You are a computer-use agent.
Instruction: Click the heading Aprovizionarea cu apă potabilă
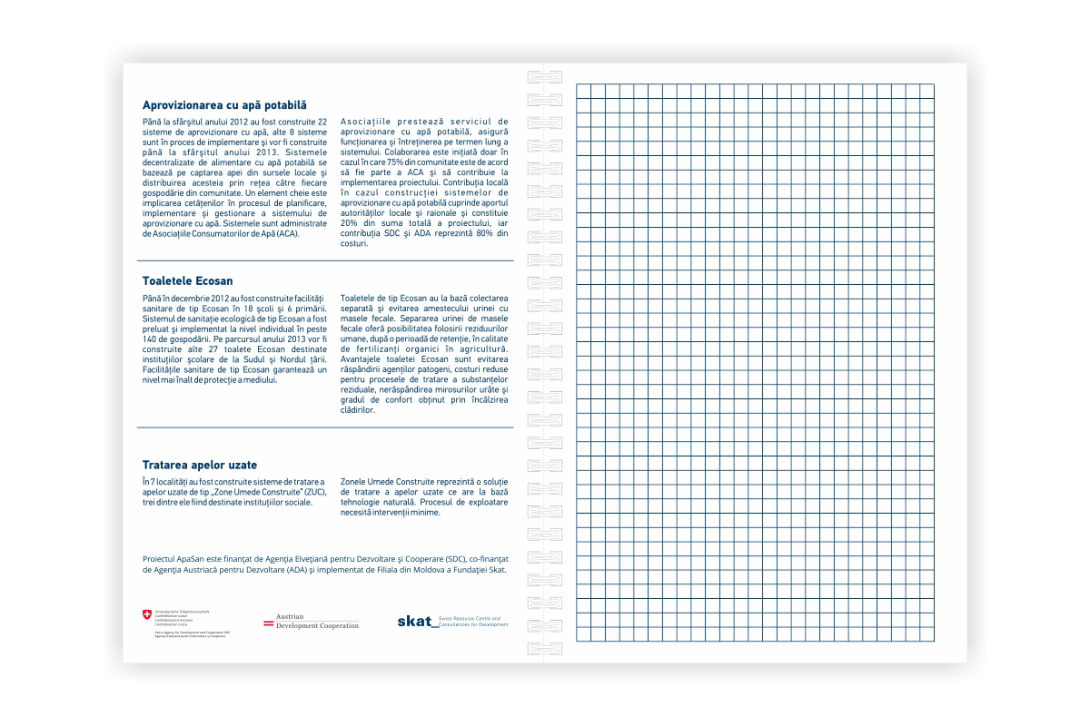[224, 104]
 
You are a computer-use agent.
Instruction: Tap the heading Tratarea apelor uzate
[200, 465]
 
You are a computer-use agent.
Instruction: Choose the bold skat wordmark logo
[414, 622]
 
